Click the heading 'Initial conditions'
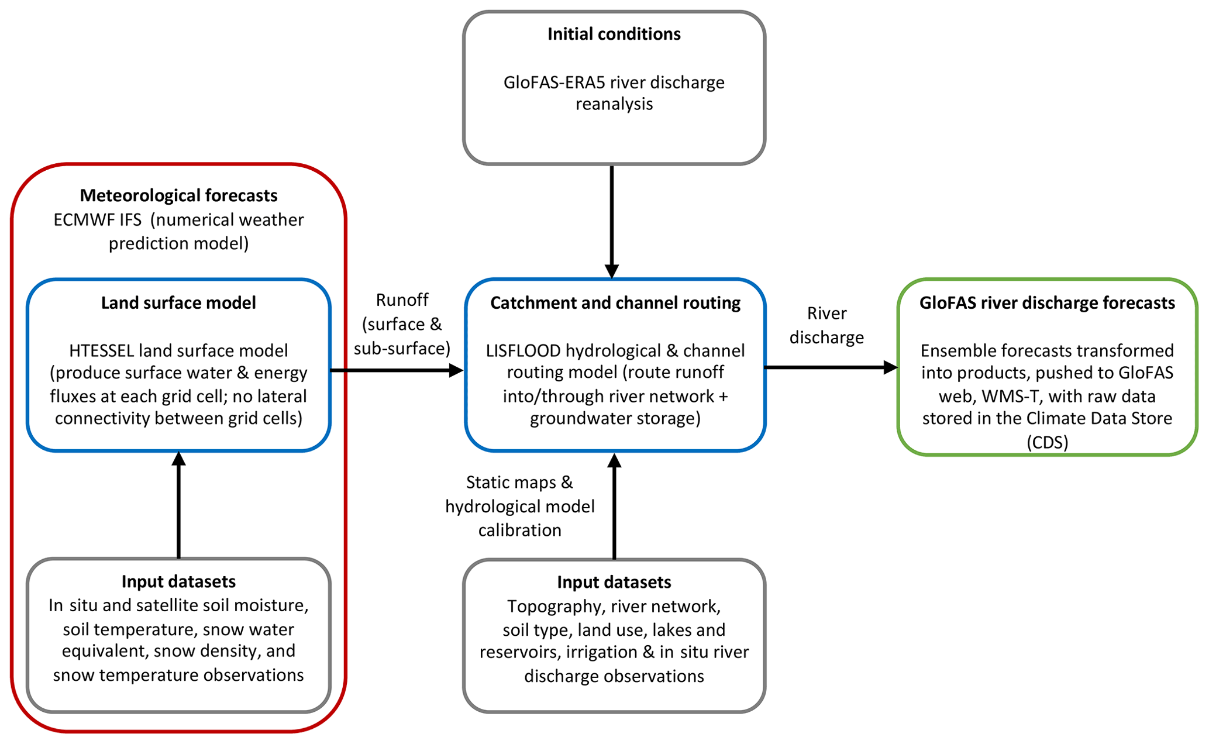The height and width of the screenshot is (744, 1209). tap(614, 34)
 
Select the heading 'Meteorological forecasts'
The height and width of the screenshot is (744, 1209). tap(178, 195)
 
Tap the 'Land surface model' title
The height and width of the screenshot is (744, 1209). tap(178, 303)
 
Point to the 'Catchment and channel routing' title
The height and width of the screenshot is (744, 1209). tap(615, 303)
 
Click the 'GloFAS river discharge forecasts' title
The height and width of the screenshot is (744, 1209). tap(1047, 303)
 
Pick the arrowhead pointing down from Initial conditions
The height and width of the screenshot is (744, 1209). tap(611, 271)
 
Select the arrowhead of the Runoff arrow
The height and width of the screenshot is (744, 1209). tap(456, 370)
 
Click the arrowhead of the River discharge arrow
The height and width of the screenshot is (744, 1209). tap(890, 367)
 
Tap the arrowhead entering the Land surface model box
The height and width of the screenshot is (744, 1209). tap(178, 459)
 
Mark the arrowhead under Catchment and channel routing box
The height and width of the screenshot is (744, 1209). tap(614, 461)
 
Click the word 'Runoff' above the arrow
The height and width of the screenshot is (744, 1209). tap(402, 300)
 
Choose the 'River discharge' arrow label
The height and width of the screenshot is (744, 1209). tap(826, 325)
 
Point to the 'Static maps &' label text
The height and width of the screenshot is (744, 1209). tap(519, 483)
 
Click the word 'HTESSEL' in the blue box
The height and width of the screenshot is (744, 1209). tap(102, 351)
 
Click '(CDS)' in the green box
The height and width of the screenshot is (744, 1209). tap(1047, 442)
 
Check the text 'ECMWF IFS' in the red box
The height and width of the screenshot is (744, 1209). tap(97, 220)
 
